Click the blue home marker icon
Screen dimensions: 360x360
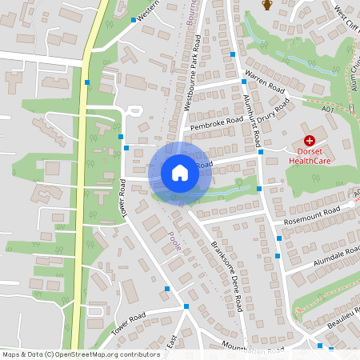[x=180, y=173]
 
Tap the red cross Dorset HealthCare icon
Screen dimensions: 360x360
[x=309, y=140]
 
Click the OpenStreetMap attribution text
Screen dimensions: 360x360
[x=81, y=354]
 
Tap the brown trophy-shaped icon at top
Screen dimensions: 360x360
[x=267, y=6]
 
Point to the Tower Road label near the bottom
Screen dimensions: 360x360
[x=131, y=322]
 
